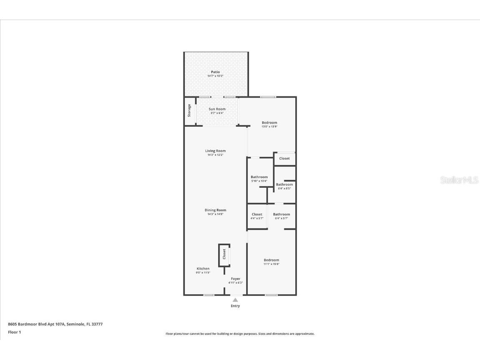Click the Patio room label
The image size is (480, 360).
[215, 72]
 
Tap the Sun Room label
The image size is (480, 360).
[217, 109]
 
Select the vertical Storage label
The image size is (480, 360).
[189, 111]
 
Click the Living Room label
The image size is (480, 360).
[215, 151]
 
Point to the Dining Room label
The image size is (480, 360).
[215, 210]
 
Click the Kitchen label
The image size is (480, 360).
[203, 269]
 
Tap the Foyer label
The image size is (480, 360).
[236, 279]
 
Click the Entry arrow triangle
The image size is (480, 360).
[235, 300]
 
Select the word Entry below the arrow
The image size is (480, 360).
[235, 306]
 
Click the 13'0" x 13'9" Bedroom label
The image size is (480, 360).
[269, 123]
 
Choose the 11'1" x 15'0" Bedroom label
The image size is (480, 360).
[271, 260]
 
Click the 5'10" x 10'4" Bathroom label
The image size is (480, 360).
[259, 177]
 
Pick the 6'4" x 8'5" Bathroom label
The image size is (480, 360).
[284, 184]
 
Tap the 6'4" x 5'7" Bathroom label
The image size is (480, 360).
[281, 214]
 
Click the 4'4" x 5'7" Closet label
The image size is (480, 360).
[257, 214]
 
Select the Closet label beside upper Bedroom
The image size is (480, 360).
[284, 159]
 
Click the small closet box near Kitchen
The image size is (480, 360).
[224, 254]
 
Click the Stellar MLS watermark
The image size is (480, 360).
[459, 180]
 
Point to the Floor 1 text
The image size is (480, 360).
[14, 332]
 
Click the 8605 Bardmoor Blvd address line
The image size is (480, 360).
[55, 324]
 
